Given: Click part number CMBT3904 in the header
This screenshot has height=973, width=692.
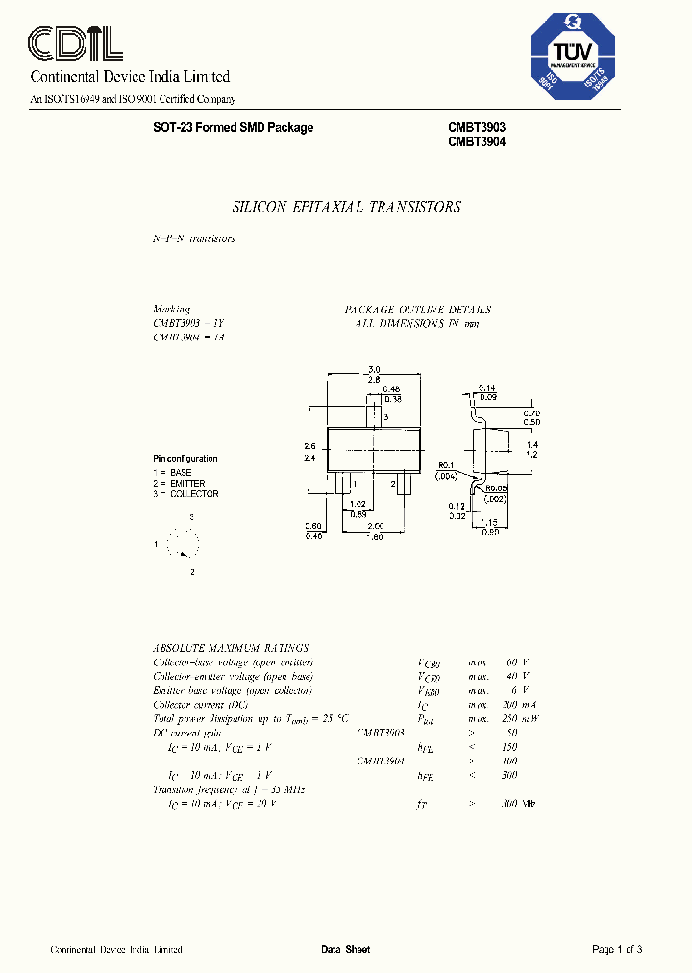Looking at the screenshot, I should (476, 141).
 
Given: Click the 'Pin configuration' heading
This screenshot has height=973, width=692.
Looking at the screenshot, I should (185, 459).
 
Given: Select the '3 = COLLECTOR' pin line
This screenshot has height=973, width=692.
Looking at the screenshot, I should (186, 494).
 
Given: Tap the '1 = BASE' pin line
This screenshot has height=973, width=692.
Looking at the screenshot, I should (173, 472).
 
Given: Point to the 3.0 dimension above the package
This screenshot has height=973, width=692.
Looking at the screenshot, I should (375, 369).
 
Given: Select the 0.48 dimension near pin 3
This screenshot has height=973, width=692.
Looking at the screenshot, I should (392, 389).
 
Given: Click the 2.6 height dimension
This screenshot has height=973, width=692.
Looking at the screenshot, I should (310, 446).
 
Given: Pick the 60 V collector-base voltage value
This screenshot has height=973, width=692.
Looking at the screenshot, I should (517, 662).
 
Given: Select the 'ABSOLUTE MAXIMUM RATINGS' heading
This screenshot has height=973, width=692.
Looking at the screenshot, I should (231, 649).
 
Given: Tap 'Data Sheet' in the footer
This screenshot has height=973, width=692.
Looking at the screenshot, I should (345, 950).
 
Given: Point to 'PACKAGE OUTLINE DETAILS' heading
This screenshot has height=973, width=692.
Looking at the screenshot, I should (418, 310).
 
